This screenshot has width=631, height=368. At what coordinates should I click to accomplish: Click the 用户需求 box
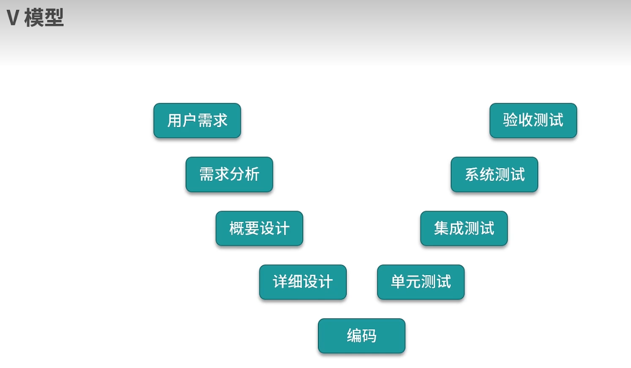coord(197,121)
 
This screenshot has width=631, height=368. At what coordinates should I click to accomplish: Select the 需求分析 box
coord(229,174)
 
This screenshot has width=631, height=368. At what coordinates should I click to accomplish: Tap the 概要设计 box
coord(259,228)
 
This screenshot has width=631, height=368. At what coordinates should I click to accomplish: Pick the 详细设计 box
coord(303,282)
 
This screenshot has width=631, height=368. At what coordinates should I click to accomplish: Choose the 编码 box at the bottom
coord(361,336)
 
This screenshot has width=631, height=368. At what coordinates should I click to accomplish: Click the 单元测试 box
coord(421,282)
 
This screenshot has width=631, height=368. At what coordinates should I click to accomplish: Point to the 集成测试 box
coord(464,228)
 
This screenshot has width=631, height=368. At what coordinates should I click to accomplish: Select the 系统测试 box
coord(494,174)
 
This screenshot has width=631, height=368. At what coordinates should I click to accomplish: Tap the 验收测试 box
coord(533,121)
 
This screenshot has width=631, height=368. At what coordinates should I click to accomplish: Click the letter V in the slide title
coord(13,19)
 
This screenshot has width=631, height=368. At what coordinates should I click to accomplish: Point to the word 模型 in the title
coord(44,19)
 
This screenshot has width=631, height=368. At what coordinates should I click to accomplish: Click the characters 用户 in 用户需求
coord(182,121)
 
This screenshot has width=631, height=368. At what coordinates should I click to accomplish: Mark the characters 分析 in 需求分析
coord(244,174)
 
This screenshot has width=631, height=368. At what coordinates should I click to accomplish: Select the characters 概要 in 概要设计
coord(244,228)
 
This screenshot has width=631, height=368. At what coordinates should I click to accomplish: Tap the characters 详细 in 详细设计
coord(288,282)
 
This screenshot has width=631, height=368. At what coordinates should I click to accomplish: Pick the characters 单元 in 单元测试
coord(405,282)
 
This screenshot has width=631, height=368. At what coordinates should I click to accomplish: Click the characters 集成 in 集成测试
coord(449,228)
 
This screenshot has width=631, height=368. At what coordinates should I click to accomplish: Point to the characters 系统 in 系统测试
coord(479,174)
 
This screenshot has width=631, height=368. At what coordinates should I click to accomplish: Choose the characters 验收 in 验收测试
coord(518,121)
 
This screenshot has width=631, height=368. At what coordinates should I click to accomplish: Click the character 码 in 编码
coord(369,336)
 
